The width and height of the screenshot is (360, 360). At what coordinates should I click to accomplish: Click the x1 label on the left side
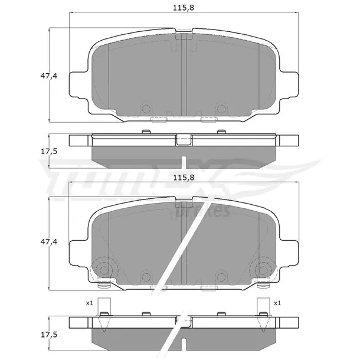[x=89, y=303]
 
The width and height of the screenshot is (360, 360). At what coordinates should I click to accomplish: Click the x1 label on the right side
[x=277, y=303]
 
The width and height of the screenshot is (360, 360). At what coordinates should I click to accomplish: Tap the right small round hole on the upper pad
[x=221, y=108]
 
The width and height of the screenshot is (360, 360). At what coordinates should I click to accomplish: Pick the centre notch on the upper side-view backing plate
[x=184, y=140]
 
